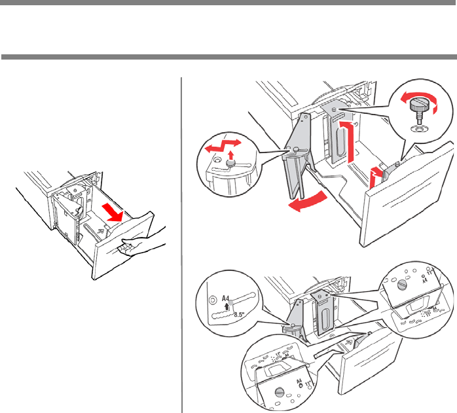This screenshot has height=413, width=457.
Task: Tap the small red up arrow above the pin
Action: (x=230, y=157)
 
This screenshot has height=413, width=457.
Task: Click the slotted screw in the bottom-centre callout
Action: (x=280, y=392)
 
